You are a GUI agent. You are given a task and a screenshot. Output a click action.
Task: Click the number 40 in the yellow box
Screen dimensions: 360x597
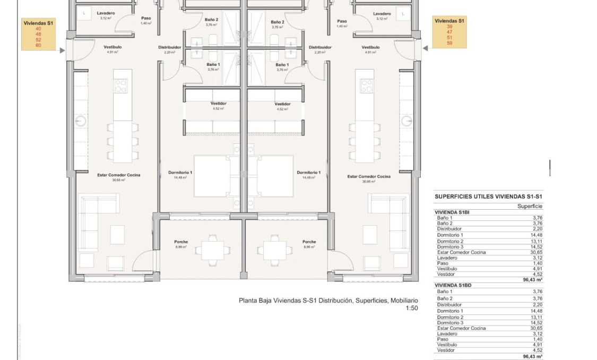[x=38, y=29]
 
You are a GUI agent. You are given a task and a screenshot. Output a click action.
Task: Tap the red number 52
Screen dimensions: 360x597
[x=38, y=40]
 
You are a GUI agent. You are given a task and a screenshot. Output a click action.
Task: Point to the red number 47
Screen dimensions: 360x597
[x=449, y=32]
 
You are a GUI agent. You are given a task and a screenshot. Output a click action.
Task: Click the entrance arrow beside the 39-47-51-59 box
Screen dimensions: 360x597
[x=425, y=48]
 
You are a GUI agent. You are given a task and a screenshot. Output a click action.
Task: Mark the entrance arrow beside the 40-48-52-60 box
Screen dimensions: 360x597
[x=63, y=51]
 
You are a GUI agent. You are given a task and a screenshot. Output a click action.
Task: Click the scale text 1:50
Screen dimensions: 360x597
[x=411, y=308]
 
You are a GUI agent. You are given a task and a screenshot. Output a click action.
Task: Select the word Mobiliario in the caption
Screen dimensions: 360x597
[x=404, y=301]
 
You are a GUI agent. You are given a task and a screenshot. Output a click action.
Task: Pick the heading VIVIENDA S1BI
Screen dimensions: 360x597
[x=453, y=212]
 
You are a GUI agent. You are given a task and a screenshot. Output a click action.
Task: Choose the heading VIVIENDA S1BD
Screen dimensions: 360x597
[x=453, y=285]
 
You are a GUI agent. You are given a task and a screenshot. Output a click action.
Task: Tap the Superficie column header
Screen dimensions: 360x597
[x=530, y=206]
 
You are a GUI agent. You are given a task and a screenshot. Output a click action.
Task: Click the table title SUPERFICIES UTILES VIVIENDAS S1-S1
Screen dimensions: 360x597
[x=488, y=196]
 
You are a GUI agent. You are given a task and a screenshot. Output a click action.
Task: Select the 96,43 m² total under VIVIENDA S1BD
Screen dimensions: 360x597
[x=532, y=356]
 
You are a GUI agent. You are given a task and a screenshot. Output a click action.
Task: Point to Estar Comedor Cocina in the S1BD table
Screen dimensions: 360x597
[x=461, y=328]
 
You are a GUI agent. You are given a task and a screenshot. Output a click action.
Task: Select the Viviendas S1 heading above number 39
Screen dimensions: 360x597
[x=449, y=21]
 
